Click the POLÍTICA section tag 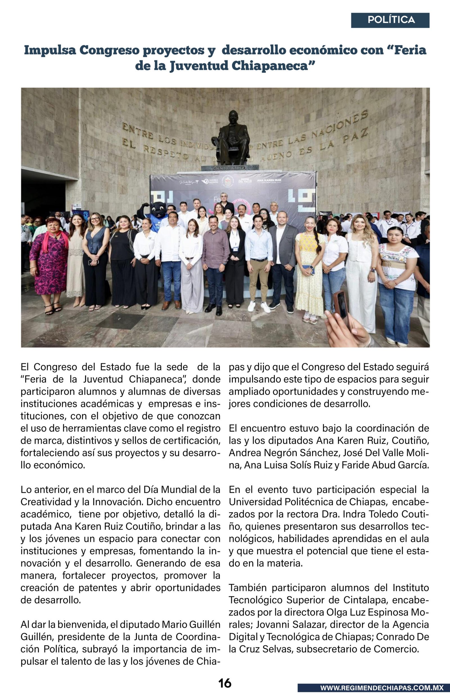point(391,20)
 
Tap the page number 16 point(225,683)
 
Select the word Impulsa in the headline point(50,50)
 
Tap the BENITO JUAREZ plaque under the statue point(230,168)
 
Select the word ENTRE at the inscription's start point(137,131)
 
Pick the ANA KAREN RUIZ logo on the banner point(269,181)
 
